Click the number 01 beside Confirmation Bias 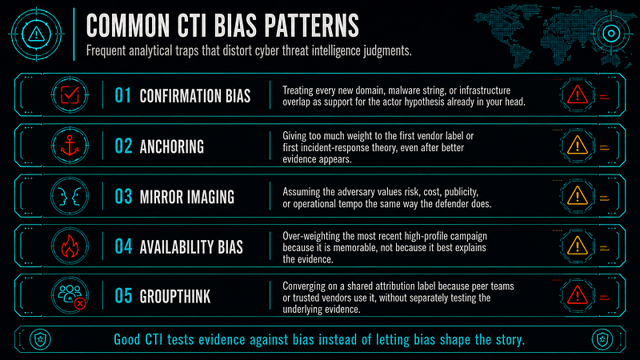(122, 95)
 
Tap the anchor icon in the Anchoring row (70, 146)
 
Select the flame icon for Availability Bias (70, 246)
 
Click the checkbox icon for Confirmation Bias (70, 95)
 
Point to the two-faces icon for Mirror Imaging (70, 196)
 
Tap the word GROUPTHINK (175, 297)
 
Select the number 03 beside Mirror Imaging (123, 196)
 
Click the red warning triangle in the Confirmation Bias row (577, 94)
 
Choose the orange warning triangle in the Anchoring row (577, 145)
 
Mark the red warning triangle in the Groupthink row (577, 295)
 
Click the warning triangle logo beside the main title (36, 34)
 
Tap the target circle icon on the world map (611, 34)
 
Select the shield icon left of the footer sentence (40, 339)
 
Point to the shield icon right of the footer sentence (602, 339)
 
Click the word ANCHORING (172, 146)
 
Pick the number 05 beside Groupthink (123, 296)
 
